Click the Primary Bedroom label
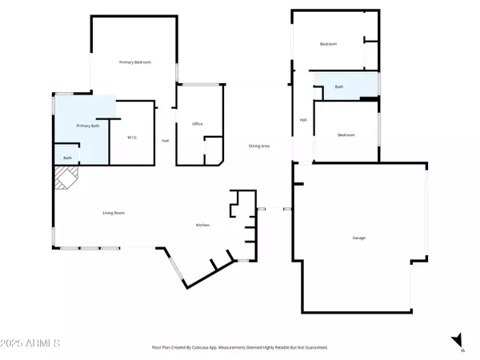(135, 62)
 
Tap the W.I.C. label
(133, 138)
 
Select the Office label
(197, 124)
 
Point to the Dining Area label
(258, 146)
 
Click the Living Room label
(114, 213)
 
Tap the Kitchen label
(203, 226)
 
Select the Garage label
(359, 238)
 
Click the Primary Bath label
(87, 126)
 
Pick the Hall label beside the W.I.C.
(165, 141)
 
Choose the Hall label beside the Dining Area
(303, 120)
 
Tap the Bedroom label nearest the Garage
(346, 135)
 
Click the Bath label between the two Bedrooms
(339, 86)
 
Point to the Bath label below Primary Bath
(67, 158)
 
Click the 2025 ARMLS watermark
(31, 344)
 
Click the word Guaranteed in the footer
(312, 348)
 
